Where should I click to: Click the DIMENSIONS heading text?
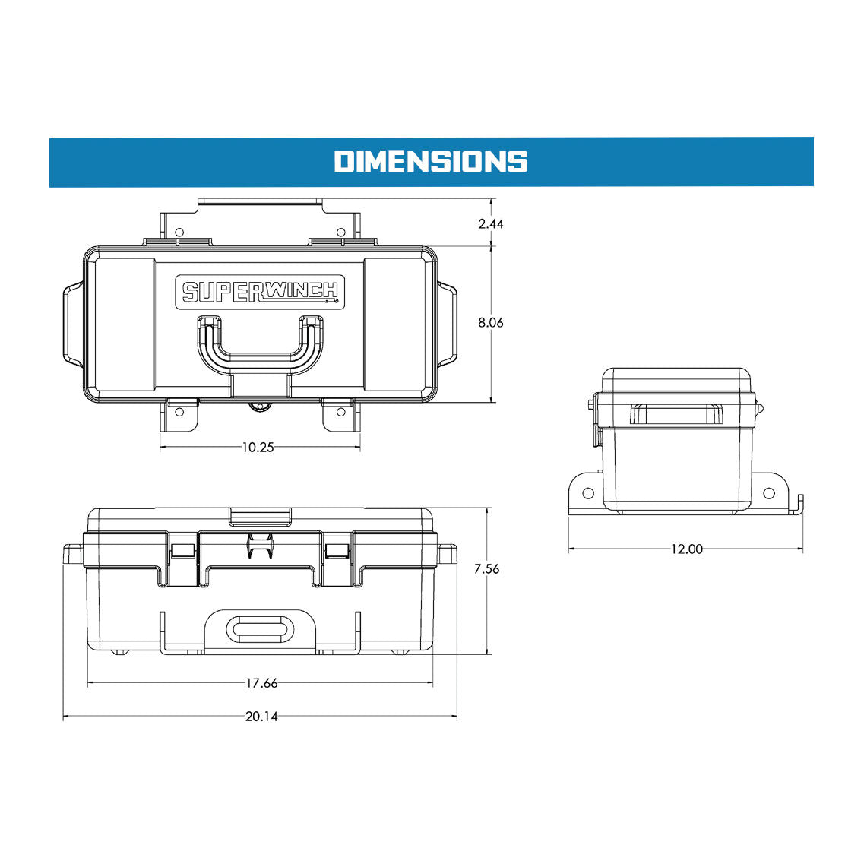pos(431,161)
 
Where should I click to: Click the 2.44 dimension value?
pos(491,223)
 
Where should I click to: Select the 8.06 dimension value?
pos(491,322)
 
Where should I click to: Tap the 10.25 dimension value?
pos(258,448)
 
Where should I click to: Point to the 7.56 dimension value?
pos(486,568)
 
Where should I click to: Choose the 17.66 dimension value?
pos(261,683)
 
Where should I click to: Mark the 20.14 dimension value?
pos(261,717)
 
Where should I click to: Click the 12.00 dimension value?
pos(686,549)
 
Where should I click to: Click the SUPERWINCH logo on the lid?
pos(260,292)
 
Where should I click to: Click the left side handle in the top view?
pos(72,323)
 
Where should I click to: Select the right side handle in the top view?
pos(448,323)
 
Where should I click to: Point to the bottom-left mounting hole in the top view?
pos(180,412)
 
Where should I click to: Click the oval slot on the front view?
pos(260,629)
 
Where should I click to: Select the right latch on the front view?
pos(337,551)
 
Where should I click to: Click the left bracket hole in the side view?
pos(587,493)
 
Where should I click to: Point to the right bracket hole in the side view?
pos(769,493)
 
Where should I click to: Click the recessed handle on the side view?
pos(675,415)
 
